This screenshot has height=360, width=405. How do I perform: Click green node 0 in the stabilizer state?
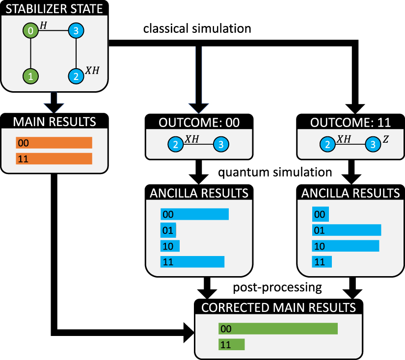[x=30, y=31]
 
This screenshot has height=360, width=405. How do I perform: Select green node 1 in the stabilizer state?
[x=30, y=76]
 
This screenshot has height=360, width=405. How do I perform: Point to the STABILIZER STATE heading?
[x=54, y=9]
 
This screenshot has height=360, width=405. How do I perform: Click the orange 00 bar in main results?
[x=54, y=143]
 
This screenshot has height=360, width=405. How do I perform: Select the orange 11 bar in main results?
[x=54, y=159]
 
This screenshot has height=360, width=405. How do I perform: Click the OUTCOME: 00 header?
[x=199, y=122]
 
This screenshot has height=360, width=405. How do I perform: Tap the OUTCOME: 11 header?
[x=350, y=122]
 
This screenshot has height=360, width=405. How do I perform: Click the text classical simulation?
[x=197, y=29]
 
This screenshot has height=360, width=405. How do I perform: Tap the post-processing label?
[x=277, y=287]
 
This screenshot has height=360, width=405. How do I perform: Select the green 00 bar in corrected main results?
[x=278, y=329]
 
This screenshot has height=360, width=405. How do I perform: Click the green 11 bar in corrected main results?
[x=231, y=345]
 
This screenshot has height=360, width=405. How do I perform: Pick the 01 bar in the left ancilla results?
[x=168, y=231]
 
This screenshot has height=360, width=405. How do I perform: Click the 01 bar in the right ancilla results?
[x=347, y=231]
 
